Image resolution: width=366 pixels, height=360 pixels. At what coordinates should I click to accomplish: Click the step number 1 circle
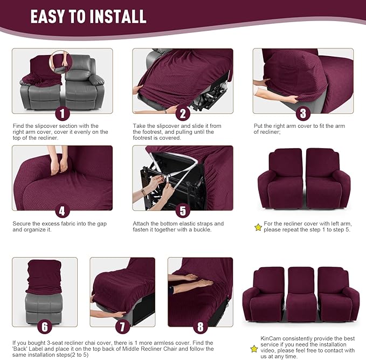(62, 114)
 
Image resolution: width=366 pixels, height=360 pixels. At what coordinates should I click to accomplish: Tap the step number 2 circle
(183, 114)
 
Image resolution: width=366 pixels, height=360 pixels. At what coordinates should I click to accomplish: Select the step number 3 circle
(303, 114)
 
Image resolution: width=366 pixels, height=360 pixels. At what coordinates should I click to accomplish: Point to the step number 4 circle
(62, 211)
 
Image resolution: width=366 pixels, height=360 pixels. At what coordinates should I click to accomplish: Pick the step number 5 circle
(183, 211)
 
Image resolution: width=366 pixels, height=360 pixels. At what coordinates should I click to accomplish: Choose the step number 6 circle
(45, 327)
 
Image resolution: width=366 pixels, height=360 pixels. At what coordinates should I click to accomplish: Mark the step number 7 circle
(122, 327)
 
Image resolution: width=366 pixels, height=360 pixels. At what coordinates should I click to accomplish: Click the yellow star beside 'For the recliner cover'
(258, 227)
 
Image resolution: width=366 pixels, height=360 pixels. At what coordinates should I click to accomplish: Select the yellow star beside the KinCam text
(254, 349)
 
